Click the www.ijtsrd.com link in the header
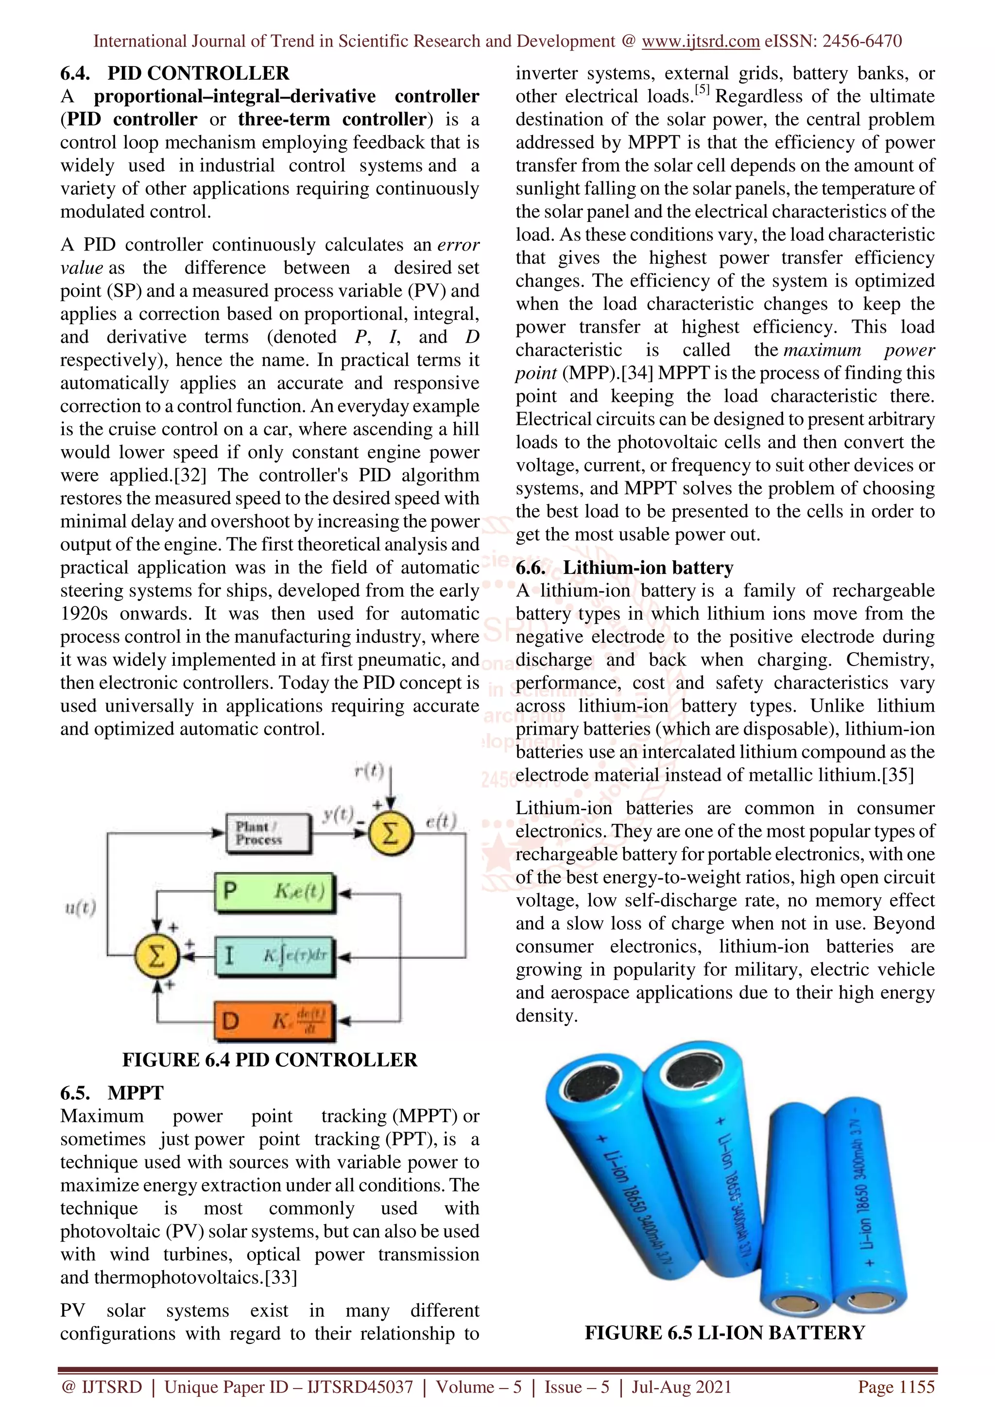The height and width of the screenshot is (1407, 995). (700, 41)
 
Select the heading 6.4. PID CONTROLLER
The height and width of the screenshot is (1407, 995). (175, 73)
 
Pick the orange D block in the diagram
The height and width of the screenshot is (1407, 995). (274, 1021)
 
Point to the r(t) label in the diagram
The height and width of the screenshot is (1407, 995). (369, 770)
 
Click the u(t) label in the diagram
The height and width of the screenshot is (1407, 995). (80, 907)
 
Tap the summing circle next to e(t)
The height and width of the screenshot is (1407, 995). (391, 834)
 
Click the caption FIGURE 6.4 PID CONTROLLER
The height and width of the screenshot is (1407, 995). (269, 1059)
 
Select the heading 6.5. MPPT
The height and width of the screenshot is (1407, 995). (112, 1092)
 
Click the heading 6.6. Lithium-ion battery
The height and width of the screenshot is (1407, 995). (624, 568)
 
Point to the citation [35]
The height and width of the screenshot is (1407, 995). (897, 775)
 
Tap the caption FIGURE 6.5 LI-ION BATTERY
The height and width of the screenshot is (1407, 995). (725, 1333)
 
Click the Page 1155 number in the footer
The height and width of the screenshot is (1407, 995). (896, 1387)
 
